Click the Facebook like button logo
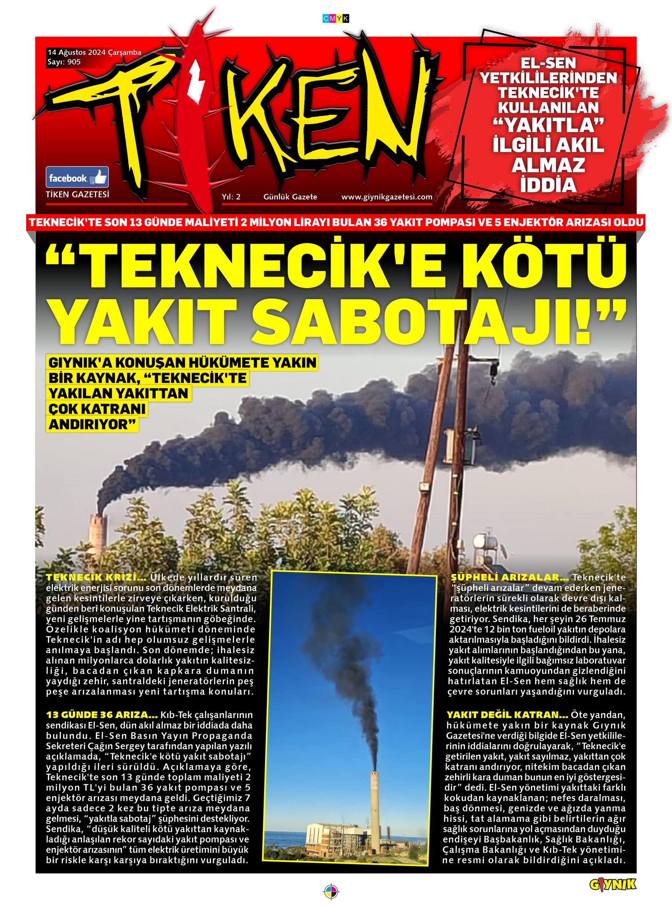[77, 178]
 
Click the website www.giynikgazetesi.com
[387, 197]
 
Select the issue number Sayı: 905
[64, 62]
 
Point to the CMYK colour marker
[336, 18]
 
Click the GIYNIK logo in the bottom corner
[612, 885]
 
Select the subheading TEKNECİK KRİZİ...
[96, 577]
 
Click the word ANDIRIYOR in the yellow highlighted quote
[92, 424]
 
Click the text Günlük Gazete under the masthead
[290, 197]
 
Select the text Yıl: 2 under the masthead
[231, 197]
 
